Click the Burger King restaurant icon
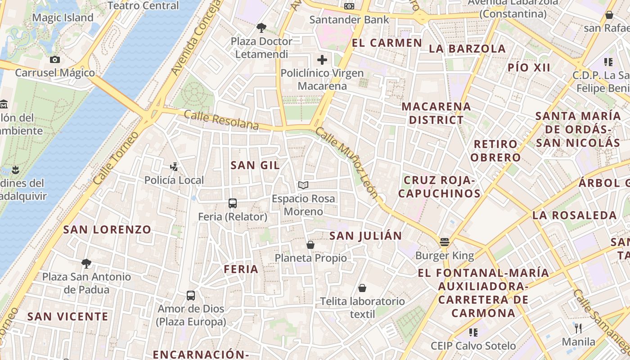(445, 242)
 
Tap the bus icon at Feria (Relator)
(233, 203)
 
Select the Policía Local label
(174, 180)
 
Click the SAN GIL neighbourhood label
(255, 165)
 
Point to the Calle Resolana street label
(221, 120)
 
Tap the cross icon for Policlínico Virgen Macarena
(322, 59)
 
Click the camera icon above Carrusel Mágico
(55, 59)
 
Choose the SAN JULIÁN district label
(365, 236)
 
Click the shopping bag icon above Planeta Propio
(310, 245)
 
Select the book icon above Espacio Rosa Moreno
(303, 185)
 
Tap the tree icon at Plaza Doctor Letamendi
(261, 28)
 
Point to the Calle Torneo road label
(116, 158)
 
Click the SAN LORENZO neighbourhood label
(107, 229)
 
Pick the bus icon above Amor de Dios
(191, 296)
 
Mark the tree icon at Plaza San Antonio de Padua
(86, 263)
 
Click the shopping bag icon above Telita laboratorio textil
(362, 288)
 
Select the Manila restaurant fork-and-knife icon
(579, 328)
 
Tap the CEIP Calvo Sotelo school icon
(473, 332)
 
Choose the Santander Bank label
(349, 20)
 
